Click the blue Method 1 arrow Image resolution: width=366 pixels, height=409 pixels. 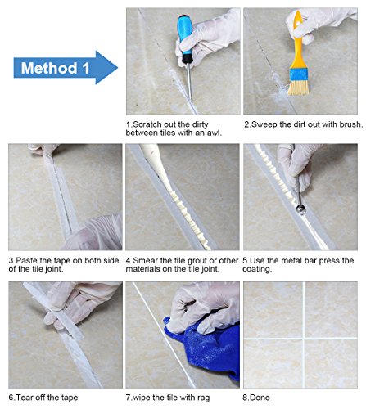coord(66,68)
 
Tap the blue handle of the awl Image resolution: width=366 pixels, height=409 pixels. coord(184,34)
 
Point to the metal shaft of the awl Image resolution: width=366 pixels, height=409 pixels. coord(189,81)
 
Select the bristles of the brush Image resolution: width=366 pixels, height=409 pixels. coord(299,88)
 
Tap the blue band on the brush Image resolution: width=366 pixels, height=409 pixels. coord(299,74)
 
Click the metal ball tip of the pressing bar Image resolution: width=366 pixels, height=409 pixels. coord(300,209)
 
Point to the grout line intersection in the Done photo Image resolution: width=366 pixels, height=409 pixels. coord(304,339)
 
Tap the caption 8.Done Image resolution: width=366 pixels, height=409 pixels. coord(256,398)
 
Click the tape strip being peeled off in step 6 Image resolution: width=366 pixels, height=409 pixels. coord(59,313)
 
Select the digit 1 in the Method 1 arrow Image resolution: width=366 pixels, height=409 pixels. coord(86,68)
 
